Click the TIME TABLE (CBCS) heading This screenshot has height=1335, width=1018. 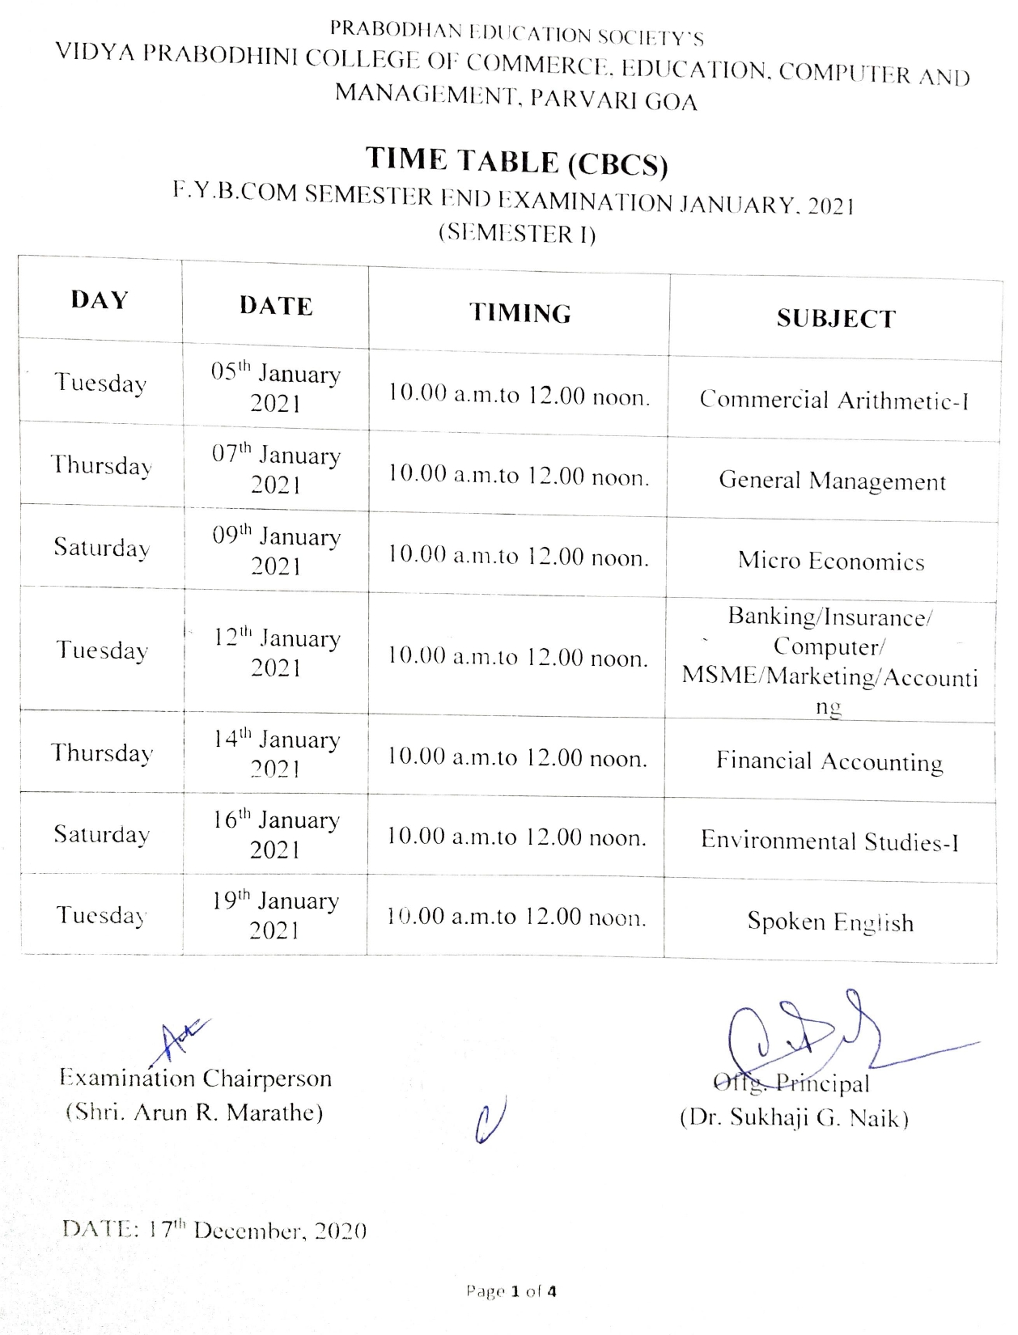[516, 160]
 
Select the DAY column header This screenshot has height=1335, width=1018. [100, 300]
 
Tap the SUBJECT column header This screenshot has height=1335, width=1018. [836, 319]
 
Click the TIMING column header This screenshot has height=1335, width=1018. [520, 313]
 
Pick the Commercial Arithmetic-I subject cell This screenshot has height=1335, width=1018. [833, 400]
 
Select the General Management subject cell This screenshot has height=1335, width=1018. [832, 481]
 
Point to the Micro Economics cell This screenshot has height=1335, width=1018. [831, 561]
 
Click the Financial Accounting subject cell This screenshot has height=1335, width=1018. [829, 761]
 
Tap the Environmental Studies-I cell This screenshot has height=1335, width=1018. [829, 841]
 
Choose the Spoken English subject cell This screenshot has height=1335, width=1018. [830, 922]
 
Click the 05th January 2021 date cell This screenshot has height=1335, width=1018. [275, 388]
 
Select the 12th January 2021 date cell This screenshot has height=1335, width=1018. [276, 652]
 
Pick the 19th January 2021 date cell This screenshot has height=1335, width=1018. [275, 915]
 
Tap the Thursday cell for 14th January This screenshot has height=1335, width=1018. [102, 753]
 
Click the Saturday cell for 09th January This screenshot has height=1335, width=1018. [102, 548]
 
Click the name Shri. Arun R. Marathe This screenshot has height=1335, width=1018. [194, 1112]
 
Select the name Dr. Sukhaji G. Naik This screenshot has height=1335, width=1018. [794, 1118]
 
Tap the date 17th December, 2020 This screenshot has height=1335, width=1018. [214, 1231]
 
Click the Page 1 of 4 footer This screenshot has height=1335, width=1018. [511, 1291]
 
